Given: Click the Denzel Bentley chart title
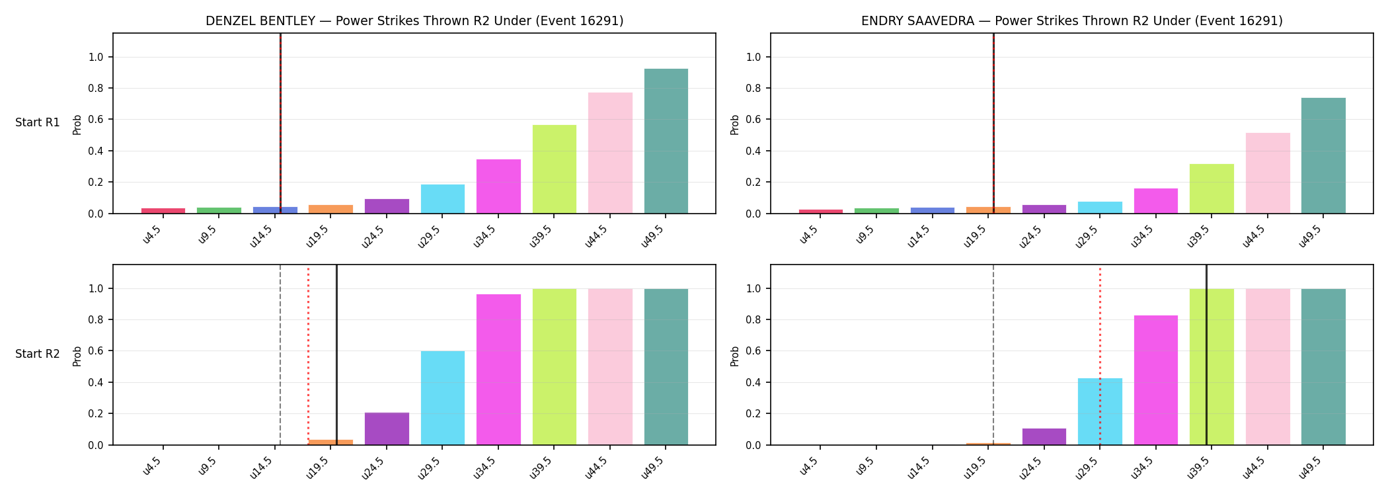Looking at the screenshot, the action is (x=414, y=21).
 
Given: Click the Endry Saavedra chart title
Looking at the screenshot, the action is (x=1071, y=21).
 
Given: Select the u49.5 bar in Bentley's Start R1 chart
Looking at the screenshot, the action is (x=666, y=141).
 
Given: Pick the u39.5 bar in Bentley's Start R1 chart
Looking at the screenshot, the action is (x=554, y=169).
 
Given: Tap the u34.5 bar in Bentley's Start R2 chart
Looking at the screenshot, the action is (x=498, y=370).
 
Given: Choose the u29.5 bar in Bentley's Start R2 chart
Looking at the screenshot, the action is (x=443, y=398).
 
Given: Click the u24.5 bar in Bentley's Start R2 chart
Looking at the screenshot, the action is (x=387, y=429).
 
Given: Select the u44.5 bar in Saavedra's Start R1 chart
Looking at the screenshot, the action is (x=1268, y=173).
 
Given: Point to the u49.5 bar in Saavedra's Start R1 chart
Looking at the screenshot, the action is (x=1323, y=155).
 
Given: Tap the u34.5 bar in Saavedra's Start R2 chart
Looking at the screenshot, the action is (x=1156, y=380).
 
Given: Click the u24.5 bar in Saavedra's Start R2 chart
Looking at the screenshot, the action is (x=1044, y=436).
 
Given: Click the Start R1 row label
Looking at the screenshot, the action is (x=38, y=123).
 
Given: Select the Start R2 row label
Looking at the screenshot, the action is (x=38, y=354).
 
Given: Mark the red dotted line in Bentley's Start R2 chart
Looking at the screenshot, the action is (x=308, y=355).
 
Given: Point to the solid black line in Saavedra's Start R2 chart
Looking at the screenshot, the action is (x=1206, y=355).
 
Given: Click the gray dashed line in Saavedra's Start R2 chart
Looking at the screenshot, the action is (x=993, y=355).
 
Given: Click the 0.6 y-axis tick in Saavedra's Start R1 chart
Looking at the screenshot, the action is (x=753, y=120).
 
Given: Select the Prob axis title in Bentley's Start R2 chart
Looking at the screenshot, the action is (x=77, y=356).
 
